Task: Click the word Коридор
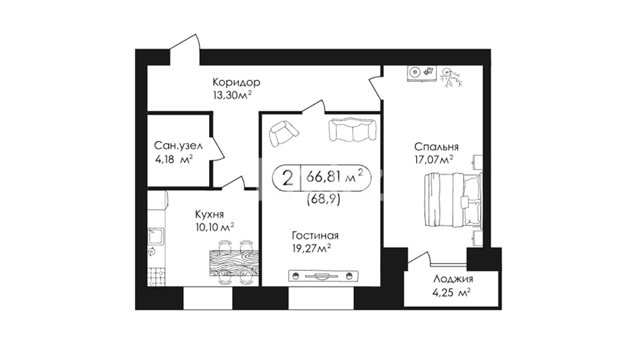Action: [236, 82]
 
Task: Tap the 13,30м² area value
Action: [232, 95]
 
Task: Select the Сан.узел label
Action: [178, 146]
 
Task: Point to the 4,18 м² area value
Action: [174, 159]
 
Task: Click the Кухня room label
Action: [209, 214]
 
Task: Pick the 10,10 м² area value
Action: [215, 227]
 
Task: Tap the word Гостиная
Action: [315, 236]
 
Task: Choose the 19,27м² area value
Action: [311, 248]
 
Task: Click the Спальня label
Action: [436, 147]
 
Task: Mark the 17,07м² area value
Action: [434, 160]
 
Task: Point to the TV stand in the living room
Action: [323, 275]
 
